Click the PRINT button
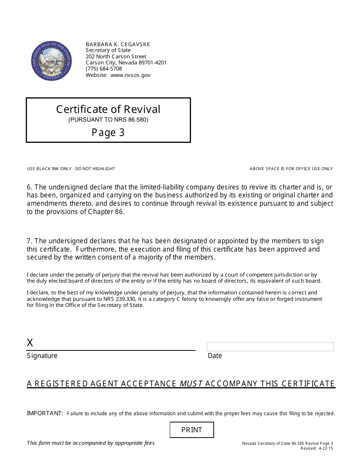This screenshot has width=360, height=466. (192, 430)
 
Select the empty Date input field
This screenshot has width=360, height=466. (270, 346)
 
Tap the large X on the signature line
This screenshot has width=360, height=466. (30, 343)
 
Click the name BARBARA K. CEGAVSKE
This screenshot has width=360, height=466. (118, 44)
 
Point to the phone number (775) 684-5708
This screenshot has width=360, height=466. (104, 69)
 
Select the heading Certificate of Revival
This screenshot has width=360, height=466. (108, 109)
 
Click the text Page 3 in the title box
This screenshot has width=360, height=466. (108, 132)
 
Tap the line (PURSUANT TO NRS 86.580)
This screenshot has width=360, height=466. (108, 120)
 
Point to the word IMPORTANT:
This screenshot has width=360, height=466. (45, 413)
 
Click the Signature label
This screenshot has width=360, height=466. (42, 356)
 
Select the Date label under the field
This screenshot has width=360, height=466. (215, 356)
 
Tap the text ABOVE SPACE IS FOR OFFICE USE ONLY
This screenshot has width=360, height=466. (291, 169)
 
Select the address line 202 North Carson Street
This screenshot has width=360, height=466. (116, 56)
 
